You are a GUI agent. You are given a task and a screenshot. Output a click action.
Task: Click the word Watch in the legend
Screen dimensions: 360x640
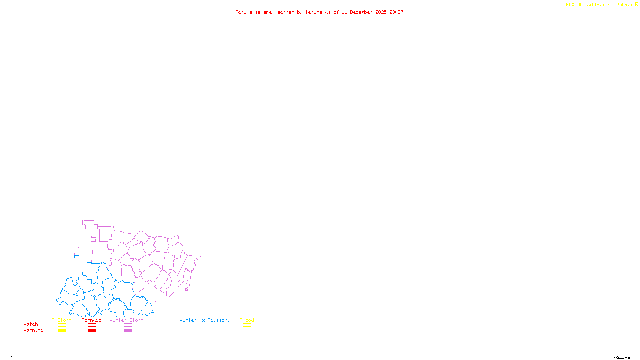click(31, 324)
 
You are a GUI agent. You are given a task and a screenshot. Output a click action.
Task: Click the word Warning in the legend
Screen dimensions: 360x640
click(34, 330)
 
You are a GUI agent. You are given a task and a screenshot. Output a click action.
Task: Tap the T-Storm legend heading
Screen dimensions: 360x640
click(62, 320)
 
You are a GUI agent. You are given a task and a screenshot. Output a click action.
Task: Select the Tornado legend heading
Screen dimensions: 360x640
click(92, 320)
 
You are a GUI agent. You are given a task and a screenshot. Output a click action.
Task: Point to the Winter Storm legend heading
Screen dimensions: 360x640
click(126, 320)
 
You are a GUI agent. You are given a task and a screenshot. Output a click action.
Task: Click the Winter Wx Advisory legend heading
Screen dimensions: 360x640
click(205, 320)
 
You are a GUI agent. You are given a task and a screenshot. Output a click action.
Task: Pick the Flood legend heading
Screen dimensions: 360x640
click(247, 320)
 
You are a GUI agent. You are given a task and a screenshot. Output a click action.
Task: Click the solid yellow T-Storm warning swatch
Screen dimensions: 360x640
click(62, 331)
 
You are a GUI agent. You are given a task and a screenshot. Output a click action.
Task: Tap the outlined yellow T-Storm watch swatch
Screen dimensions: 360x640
click(62, 325)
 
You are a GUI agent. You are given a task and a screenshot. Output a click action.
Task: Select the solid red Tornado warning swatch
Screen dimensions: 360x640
click(92, 331)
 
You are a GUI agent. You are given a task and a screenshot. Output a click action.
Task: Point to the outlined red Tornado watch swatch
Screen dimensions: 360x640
click(92, 325)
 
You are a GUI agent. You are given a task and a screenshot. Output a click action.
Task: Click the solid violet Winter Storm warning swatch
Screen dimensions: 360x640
click(128, 331)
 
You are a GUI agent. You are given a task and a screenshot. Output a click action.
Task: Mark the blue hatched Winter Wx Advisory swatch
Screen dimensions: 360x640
click(204, 331)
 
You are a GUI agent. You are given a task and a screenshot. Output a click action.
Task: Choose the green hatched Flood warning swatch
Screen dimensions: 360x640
click(247, 331)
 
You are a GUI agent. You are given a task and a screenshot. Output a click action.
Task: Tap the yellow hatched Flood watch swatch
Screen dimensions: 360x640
click(247, 325)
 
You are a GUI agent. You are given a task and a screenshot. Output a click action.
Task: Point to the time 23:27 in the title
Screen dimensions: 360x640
click(396, 12)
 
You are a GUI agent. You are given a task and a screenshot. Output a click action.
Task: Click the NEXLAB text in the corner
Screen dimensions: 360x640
click(574, 5)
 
